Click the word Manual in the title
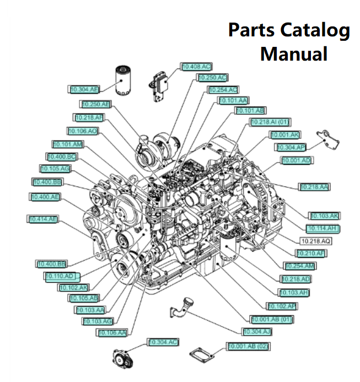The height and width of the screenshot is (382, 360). [x=294, y=53]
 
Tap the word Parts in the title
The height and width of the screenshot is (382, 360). [x=246, y=31]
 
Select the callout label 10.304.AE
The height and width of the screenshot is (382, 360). [x=84, y=89]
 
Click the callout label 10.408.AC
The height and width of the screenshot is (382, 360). [x=197, y=67]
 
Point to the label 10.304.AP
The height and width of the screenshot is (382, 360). [x=290, y=147]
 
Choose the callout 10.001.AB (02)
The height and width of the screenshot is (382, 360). [x=248, y=346]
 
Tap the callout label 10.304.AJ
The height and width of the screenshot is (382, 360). [x=257, y=332]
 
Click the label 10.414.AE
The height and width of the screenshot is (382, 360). [x=43, y=219]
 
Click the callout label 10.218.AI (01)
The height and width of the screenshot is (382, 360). [x=270, y=122]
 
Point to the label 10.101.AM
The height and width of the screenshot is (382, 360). [x=68, y=144]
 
